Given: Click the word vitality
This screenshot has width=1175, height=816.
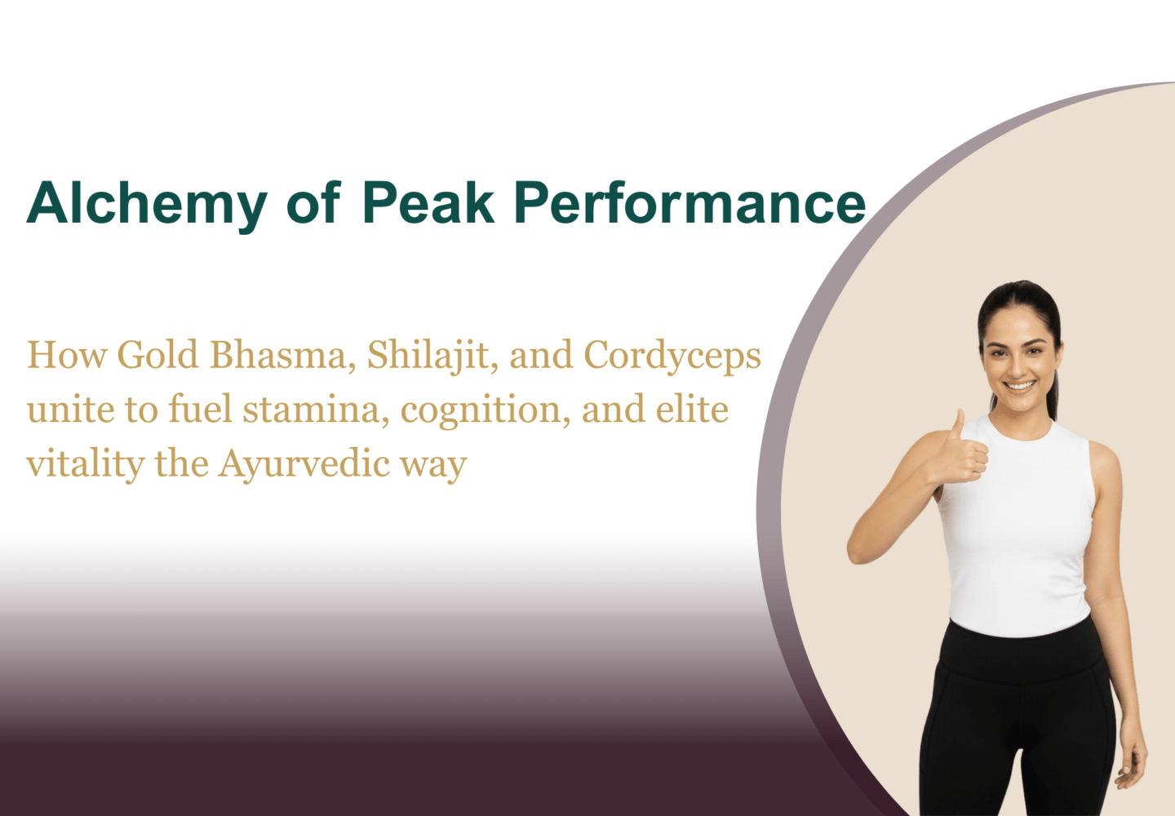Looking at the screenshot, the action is tap(86, 464).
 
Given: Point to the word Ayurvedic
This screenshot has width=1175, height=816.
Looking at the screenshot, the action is tap(304, 464).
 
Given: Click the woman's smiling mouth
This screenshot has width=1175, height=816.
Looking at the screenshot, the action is tap(1019, 386).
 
